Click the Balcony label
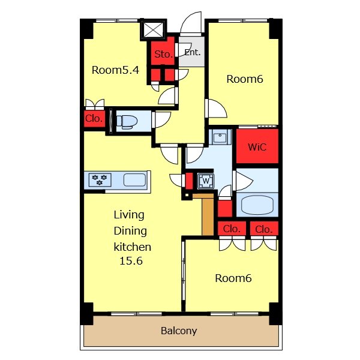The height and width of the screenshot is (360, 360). pyautogui.click(x=179, y=331)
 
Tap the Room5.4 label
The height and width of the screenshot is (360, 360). pyautogui.click(x=115, y=70)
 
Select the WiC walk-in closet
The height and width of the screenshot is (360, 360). pyautogui.click(x=257, y=146)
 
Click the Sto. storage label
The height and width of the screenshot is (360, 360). pyautogui.click(x=163, y=54)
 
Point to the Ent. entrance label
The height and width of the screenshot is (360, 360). pyautogui.click(x=193, y=52)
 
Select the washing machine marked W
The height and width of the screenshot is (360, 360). pyautogui.click(x=206, y=181)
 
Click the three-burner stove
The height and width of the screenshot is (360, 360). pyautogui.click(x=100, y=180)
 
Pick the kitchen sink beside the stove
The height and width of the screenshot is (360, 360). pyautogui.click(x=135, y=180)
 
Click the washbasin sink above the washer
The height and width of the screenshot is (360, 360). pyautogui.click(x=220, y=137)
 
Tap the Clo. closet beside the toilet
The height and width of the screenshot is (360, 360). pyautogui.click(x=94, y=119)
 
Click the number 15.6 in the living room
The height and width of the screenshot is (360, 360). pyautogui.click(x=131, y=261)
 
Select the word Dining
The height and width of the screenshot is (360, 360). pyautogui.click(x=130, y=231)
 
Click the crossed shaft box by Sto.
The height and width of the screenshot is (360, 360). pyautogui.click(x=153, y=29)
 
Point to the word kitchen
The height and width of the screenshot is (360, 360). pyautogui.click(x=133, y=247)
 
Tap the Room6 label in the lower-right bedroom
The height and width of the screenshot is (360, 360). pyautogui.click(x=233, y=278)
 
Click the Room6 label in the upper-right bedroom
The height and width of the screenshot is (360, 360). pyautogui.click(x=245, y=79)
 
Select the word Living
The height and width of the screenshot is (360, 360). pyautogui.click(x=129, y=215)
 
